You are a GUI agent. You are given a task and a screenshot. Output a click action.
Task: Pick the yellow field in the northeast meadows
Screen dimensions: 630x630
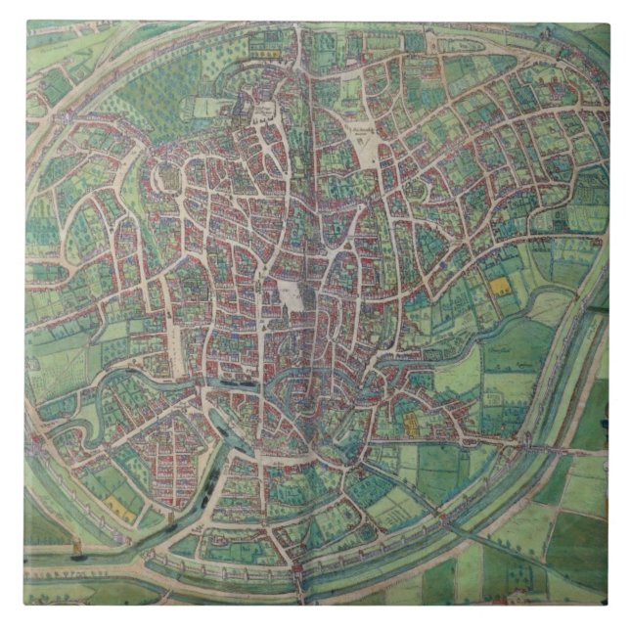[499, 287]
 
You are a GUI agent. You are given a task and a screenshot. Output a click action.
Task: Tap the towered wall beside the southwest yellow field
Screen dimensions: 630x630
[98, 489]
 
